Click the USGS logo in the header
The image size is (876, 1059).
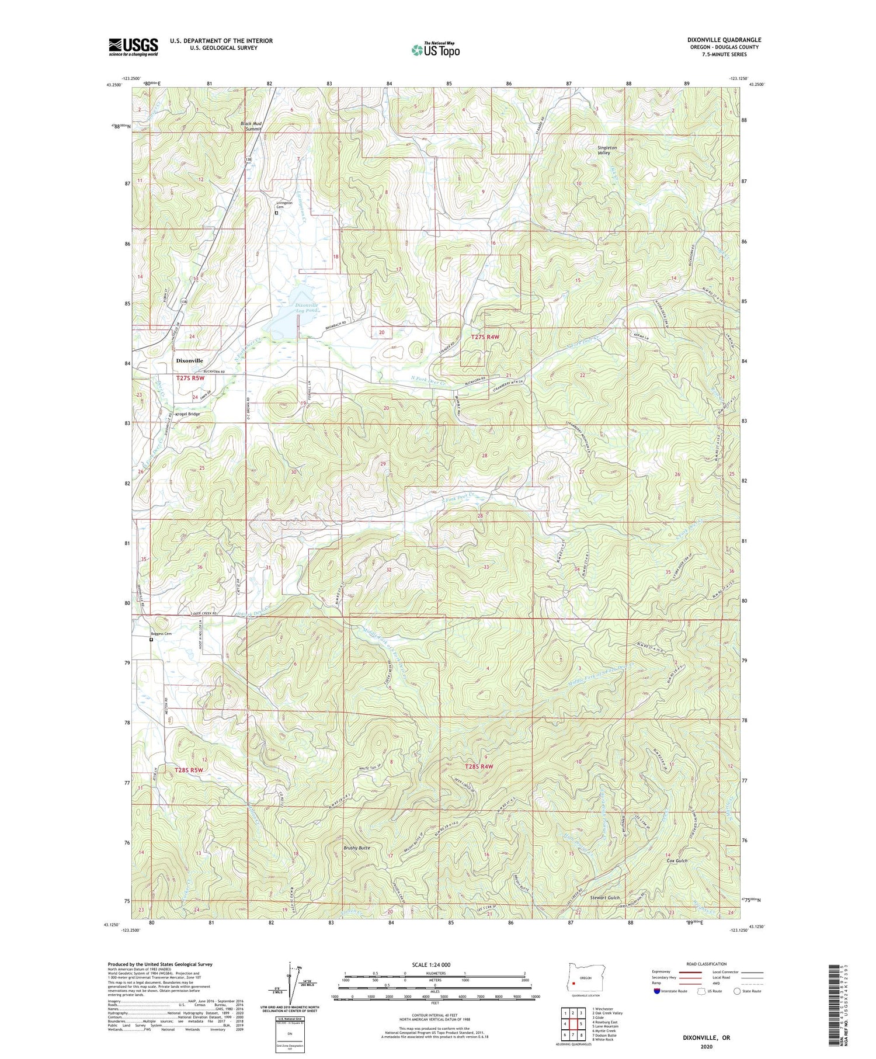(x=133, y=47)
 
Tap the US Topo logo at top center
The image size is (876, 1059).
(x=435, y=50)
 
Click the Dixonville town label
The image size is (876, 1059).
(x=189, y=361)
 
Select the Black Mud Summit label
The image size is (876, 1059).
(x=252, y=126)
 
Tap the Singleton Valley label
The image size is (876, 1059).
(x=607, y=150)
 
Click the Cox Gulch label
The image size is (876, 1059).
(x=677, y=860)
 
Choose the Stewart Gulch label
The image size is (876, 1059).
(x=604, y=897)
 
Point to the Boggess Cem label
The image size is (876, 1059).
(x=161, y=634)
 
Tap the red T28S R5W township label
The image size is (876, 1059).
(x=189, y=770)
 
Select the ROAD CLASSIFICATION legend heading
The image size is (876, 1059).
(x=707, y=964)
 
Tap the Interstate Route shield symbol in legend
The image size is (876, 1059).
(x=657, y=991)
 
